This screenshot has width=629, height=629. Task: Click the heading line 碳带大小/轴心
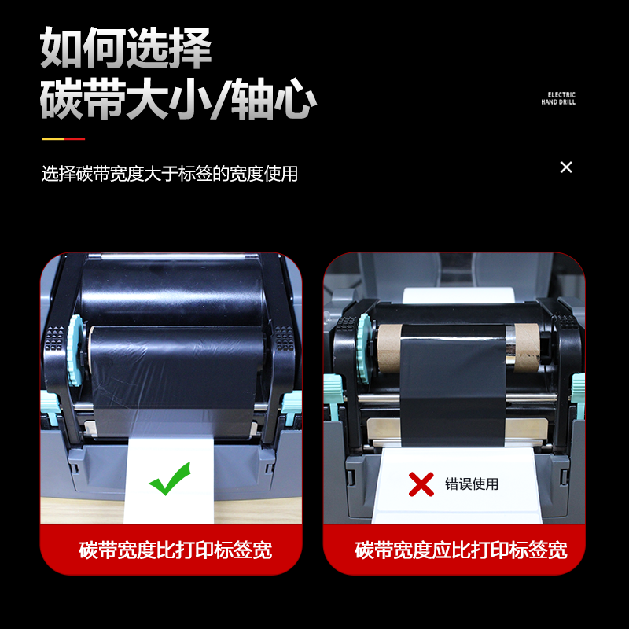[x=178, y=101]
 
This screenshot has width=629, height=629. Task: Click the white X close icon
[x=566, y=167]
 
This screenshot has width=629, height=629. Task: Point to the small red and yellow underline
[x=63, y=139]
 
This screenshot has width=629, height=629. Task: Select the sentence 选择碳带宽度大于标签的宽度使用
[x=170, y=174]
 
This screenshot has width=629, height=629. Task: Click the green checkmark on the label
[x=170, y=478]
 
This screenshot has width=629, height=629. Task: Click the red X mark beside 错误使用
[x=421, y=484]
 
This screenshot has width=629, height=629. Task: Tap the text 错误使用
[x=472, y=484]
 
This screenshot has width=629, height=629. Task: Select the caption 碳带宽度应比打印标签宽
[x=461, y=550]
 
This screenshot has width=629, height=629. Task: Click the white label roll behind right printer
[x=456, y=295]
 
